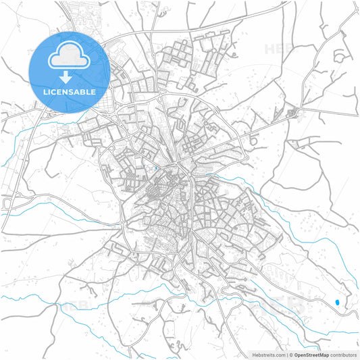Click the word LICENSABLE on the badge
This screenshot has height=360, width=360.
pos(70,91)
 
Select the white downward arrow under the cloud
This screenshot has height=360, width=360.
pos(70,76)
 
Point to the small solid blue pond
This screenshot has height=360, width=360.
pos(337,302)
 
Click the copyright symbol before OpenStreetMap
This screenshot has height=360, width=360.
pos(291,355)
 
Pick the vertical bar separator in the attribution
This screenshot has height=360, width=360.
pos(286,355)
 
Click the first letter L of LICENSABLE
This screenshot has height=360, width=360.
pos(45,91)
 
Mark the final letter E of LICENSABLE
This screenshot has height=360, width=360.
pos(94,91)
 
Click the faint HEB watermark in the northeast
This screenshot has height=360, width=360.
pos(278,49)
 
